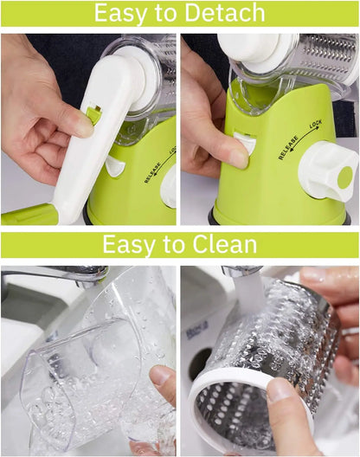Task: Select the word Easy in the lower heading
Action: (130, 245)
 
